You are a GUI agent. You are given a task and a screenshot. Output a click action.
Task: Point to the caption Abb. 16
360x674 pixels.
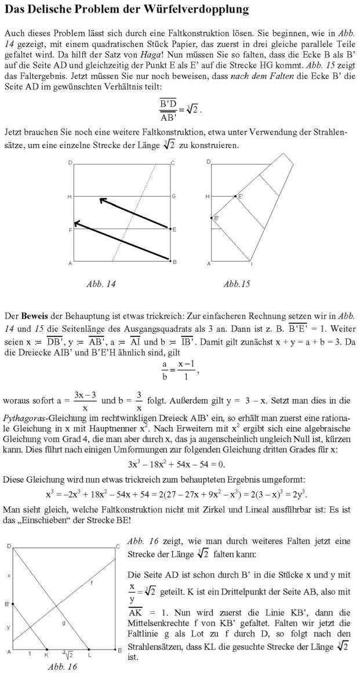point(62,666)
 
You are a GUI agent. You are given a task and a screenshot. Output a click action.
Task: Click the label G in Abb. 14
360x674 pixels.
point(173,197)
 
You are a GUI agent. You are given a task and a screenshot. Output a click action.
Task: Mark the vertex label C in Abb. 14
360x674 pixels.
point(173,164)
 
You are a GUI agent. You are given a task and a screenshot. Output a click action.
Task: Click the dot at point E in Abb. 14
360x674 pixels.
point(169,230)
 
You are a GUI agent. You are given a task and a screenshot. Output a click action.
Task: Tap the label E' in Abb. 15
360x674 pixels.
point(241,197)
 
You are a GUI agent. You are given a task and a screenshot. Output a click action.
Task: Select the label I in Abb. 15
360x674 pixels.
point(251,264)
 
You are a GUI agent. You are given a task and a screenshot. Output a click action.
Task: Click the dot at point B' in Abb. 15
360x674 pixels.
point(211,218)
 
